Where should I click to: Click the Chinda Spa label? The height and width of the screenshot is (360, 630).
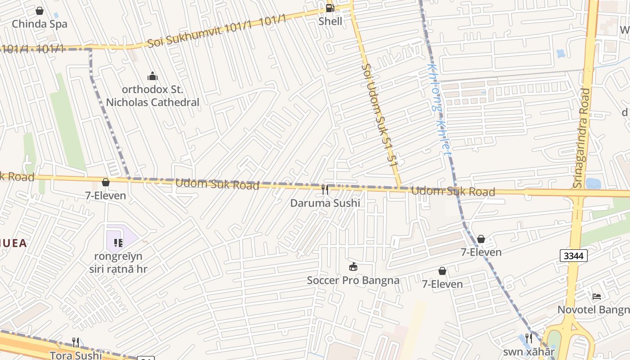[40, 24]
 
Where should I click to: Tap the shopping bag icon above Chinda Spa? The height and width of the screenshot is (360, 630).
[40, 11]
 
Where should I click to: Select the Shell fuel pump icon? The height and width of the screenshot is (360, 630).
[330, 8]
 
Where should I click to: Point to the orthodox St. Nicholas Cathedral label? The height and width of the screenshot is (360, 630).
[153, 96]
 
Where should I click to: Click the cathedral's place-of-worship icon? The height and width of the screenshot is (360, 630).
[153, 76]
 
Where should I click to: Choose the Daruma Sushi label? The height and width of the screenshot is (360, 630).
[325, 203]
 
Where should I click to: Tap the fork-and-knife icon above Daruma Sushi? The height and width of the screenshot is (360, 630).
[325, 190]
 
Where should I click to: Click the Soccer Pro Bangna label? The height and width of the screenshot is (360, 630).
[353, 280]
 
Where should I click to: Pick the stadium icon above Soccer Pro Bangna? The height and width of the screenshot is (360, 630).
[353, 267]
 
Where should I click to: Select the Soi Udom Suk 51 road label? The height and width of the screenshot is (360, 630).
[380, 116]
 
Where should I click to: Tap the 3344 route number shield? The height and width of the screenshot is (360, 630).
[574, 256]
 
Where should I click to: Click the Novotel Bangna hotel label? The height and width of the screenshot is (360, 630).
[593, 310]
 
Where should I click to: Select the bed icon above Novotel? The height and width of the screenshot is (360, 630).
[597, 296]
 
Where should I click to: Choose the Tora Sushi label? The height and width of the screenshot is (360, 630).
[76, 355]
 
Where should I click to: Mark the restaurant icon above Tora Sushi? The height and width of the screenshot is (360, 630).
[76, 342]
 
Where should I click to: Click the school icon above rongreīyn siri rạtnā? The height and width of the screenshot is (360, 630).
[118, 243]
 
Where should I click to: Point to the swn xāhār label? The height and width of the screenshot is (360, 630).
[529, 351]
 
